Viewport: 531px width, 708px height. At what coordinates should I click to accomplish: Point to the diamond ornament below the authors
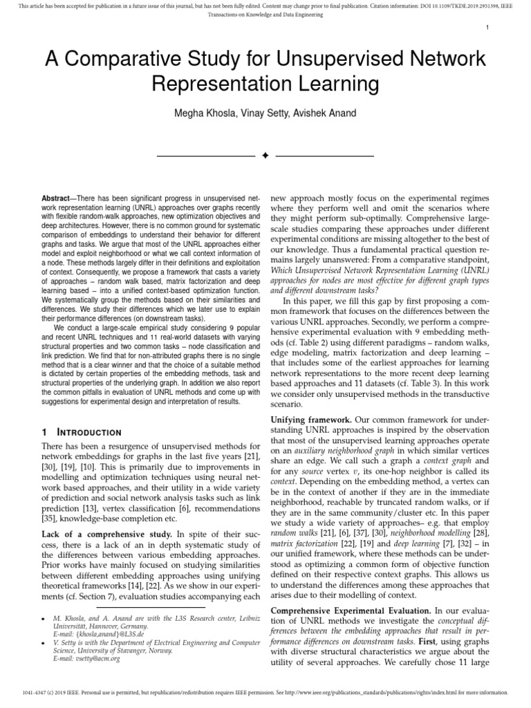(265, 156)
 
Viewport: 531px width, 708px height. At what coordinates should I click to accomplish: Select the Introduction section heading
(86, 431)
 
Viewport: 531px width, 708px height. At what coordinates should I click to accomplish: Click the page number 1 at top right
(487, 27)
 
